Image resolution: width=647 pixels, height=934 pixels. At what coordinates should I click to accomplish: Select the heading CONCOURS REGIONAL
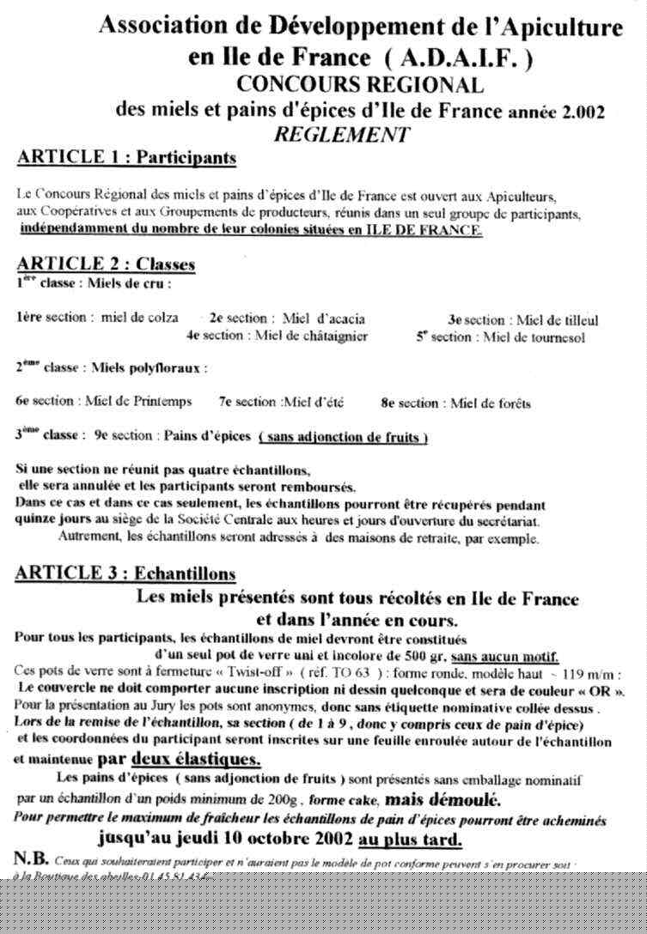pyautogui.click(x=360, y=84)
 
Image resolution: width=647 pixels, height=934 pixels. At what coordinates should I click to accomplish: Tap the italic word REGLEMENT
pyautogui.click(x=342, y=134)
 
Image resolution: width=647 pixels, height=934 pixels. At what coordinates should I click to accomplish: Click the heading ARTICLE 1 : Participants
pyautogui.click(x=126, y=158)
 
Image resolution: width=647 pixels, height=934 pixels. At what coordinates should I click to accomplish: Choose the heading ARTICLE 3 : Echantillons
pyautogui.click(x=126, y=573)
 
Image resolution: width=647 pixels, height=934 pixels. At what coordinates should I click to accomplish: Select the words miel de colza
pyautogui.click(x=140, y=318)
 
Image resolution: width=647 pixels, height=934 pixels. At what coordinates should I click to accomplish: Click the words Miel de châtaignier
pyautogui.click(x=312, y=337)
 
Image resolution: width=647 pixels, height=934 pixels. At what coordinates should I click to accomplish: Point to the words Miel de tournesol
pyautogui.click(x=534, y=337)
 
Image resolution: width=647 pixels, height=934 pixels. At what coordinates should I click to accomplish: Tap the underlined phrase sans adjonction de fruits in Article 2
pyautogui.click(x=344, y=437)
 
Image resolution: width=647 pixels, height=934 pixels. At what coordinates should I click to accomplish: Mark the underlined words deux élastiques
pyautogui.click(x=197, y=760)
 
